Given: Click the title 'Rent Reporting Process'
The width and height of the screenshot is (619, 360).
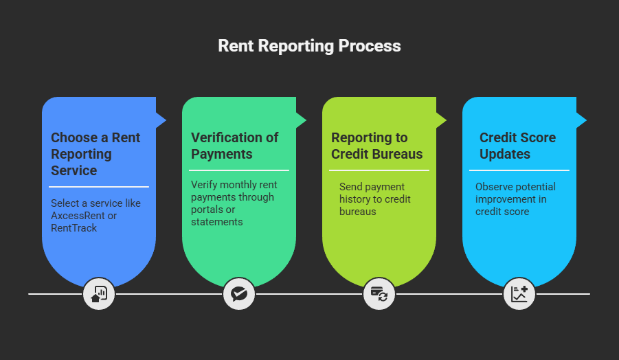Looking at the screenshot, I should (309, 46).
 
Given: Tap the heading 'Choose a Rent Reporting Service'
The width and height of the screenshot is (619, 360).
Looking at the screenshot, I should (95, 154).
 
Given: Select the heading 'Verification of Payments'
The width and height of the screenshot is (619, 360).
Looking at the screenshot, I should (234, 146).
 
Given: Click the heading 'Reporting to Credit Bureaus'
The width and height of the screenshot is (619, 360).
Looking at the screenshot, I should (376, 146).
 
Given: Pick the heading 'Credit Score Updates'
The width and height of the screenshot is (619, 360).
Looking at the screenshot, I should (517, 146).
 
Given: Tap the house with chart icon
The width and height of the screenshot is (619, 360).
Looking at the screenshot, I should (99, 294).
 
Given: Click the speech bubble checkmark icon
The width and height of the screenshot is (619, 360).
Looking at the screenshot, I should (239, 294).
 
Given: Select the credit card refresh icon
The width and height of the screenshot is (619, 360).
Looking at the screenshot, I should (379, 294).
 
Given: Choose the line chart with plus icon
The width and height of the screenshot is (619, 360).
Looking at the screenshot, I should (519, 294).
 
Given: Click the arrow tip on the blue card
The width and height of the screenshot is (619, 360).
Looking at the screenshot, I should (162, 120).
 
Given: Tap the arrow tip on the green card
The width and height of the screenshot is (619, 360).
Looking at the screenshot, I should (302, 120).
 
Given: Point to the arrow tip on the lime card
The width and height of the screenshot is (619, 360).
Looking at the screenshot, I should (442, 120).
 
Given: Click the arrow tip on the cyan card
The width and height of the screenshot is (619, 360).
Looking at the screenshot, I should (583, 120).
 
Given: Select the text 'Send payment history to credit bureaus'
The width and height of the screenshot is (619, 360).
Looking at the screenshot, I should (374, 199).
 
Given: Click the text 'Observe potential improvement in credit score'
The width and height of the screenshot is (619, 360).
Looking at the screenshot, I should (515, 199).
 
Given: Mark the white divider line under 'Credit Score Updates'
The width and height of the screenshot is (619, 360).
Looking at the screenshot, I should (519, 170).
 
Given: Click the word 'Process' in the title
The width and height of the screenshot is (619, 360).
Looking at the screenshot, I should (370, 46).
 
